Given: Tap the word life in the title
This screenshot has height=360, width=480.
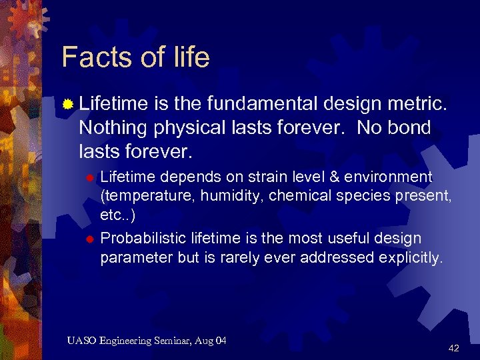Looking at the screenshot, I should [190, 57].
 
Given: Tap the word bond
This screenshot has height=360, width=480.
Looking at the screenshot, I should [408, 127].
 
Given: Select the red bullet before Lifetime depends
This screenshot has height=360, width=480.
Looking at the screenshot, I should [92, 177].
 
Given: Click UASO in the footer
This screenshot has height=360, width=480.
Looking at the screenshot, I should [82, 341].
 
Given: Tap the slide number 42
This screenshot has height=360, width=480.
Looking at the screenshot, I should [454, 348].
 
